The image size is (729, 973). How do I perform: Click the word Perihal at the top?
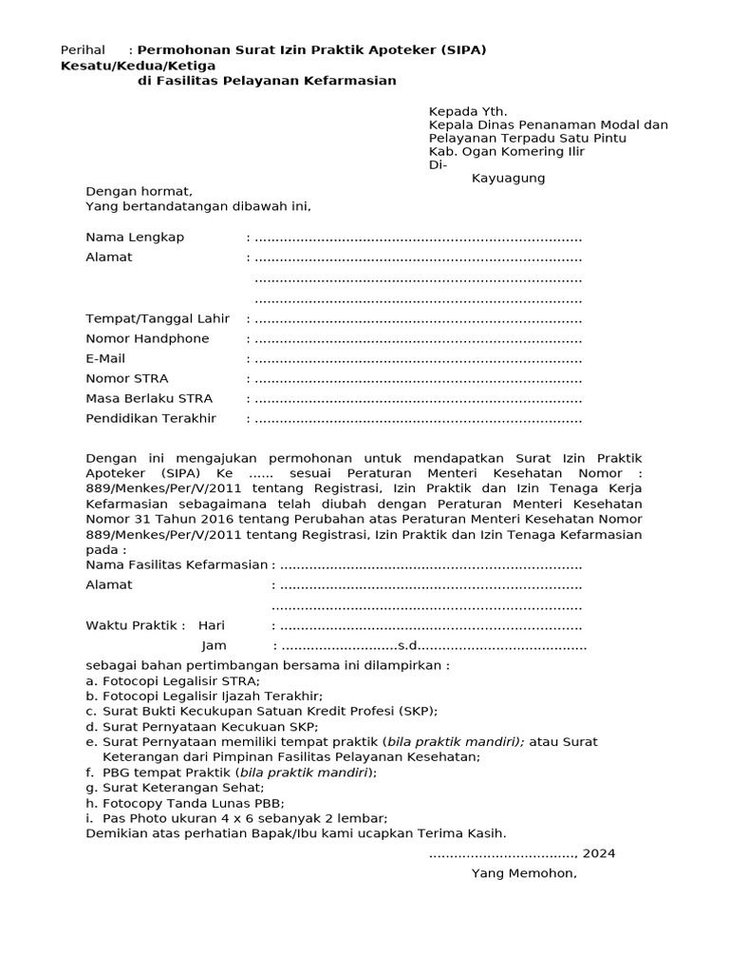click(x=83, y=49)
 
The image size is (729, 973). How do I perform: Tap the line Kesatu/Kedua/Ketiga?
click(x=138, y=66)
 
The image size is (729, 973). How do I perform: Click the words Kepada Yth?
click(x=468, y=110)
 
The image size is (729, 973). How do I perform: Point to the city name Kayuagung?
click(x=508, y=178)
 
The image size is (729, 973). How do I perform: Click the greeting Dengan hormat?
click(x=139, y=191)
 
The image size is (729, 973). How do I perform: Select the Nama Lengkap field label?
click(x=135, y=237)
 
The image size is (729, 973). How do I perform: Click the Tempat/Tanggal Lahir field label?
click(x=158, y=318)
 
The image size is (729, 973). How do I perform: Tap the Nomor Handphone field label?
click(x=147, y=338)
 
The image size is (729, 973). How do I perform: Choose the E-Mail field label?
click(x=105, y=358)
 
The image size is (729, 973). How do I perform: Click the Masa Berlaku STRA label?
click(x=149, y=398)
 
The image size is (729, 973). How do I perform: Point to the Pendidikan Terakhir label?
click(x=151, y=418)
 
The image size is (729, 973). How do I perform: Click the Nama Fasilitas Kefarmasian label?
click(x=177, y=564)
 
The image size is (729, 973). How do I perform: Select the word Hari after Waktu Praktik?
click(x=211, y=625)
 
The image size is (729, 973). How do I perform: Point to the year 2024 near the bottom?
click(x=599, y=853)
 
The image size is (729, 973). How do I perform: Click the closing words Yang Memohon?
click(x=523, y=873)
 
